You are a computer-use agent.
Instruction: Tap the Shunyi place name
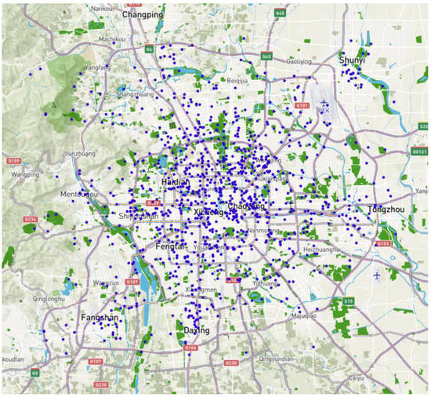(x=353, y=60)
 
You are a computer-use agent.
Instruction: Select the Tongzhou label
(x=386, y=209)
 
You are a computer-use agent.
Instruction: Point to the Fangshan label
(x=100, y=318)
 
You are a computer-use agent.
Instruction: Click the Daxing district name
(x=196, y=330)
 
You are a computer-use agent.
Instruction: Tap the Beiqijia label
(x=237, y=80)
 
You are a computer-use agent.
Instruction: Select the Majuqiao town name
(x=303, y=316)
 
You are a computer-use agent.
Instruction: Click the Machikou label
(x=112, y=38)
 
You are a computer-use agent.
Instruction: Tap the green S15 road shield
(x=347, y=301)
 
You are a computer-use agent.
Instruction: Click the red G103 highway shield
(x=383, y=243)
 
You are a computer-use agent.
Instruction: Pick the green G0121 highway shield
(x=420, y=151)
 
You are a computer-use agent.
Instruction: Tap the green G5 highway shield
(x=35, y=373)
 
